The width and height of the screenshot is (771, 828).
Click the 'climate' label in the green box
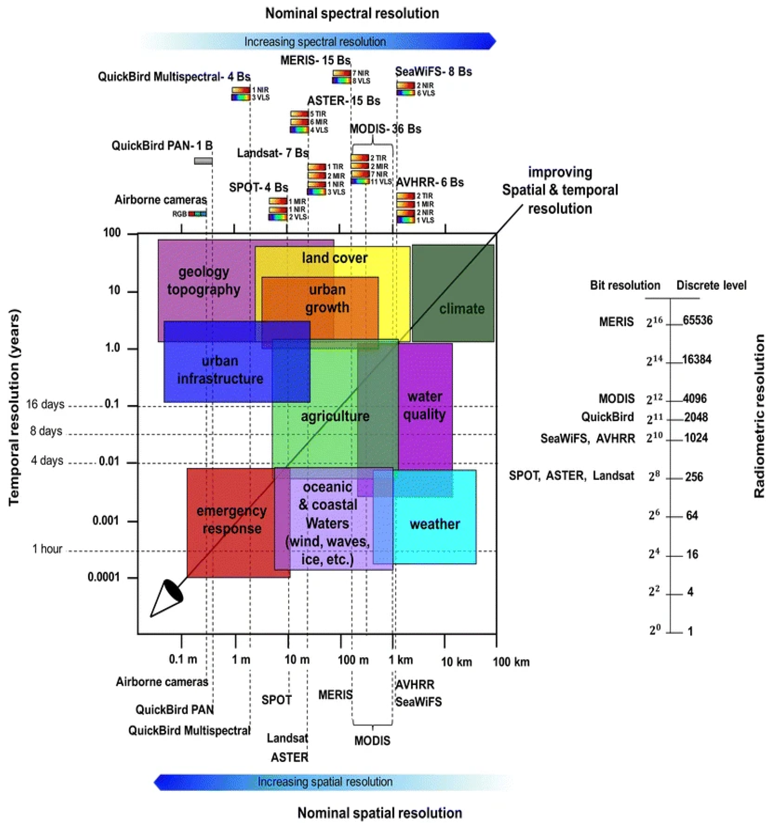point(462,309)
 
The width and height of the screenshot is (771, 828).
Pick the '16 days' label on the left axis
point(45,404)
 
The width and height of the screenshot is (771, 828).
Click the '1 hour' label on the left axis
point(47,549)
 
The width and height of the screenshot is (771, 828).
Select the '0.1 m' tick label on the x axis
point(183,659)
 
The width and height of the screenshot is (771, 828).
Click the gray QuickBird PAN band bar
point(203,161)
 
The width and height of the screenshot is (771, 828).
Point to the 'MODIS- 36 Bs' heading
point(385,129)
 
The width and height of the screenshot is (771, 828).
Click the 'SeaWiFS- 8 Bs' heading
point(433,72)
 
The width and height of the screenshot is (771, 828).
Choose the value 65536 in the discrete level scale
point(697,320)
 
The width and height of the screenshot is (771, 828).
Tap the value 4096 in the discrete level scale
point(694,399)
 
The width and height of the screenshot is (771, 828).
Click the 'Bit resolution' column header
point(625,285)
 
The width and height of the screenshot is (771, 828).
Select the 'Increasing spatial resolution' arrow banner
point(325,782)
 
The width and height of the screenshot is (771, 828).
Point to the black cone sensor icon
point(167,598)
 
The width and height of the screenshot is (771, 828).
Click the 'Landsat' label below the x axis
point(287,738)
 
